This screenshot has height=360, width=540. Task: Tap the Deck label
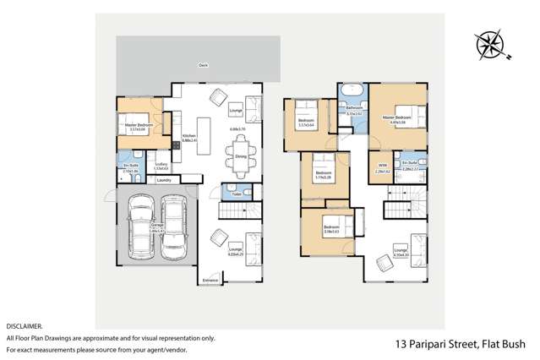point(203,64)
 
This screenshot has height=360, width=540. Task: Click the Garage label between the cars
point(157,226)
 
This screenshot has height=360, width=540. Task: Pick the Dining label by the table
point(241,155)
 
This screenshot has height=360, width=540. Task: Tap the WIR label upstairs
point(382,166)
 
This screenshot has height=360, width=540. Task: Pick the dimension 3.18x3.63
point(330,231)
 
